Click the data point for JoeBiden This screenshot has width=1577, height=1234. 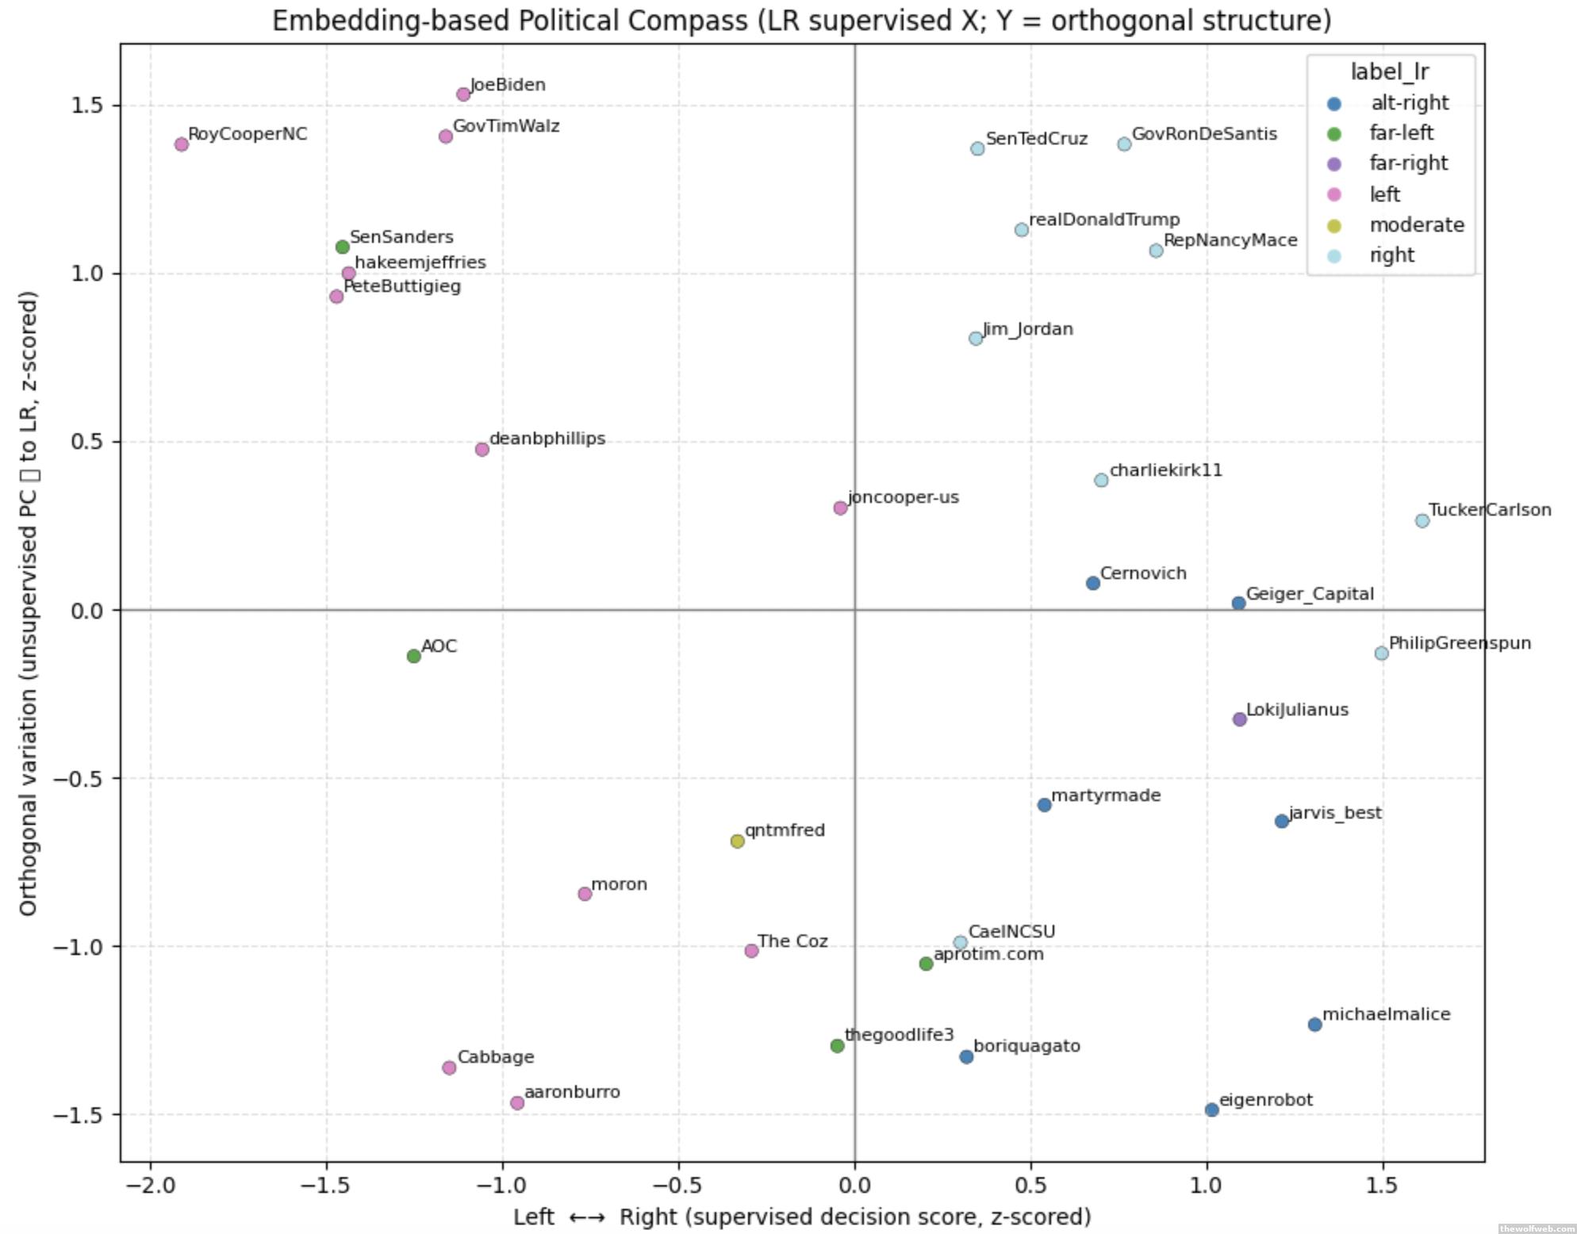pyautogui.click(x=463, y=94)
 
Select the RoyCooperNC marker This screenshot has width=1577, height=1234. pyautogui.click(x=182, y=144)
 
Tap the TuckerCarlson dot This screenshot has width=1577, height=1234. pyautogui.click(x=1422, y=521)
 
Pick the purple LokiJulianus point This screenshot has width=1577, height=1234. pyautogui.click(x=1240, y=719)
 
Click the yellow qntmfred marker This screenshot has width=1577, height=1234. pyautogui.click(x=737, y=841)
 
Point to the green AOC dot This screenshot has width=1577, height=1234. pyautogui.click(x=413, y=656)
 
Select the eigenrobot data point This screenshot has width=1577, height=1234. pyautogui.click(x=1211, y=1110)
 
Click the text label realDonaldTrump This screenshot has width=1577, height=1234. pyautogui.click(x=1104, y=220)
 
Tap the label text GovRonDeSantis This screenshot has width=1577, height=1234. pyautogui.click(x=1204, y=134)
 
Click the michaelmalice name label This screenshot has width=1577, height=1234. pyautogui.click(x=1386, y=1014)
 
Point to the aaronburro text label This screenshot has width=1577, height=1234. pyautogui.click(x=572, y=1092)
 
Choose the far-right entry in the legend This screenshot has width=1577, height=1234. pyautogui.click(x=1408, y=163)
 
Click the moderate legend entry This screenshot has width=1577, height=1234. pyautogui.click(x=1416, y=225)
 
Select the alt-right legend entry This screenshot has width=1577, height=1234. pyautogui.click(x=1409, y=103)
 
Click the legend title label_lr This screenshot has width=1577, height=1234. pyautogui.click(x=1390, y=72)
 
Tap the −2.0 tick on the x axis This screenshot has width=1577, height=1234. pyautogui.click(x=150, y=1186)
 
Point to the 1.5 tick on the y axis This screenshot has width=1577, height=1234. pyautogui.click(x=86, y=105)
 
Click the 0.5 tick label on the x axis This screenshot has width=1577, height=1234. pyautogui.click(x=1030, y=1186)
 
